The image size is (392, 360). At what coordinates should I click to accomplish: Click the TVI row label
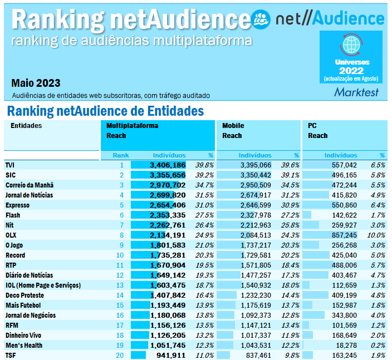tap(10, 165)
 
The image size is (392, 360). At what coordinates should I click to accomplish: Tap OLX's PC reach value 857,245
tap(341, 235)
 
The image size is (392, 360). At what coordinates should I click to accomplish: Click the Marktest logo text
tap(356, 92)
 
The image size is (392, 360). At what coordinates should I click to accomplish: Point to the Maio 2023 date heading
tap(36, 83)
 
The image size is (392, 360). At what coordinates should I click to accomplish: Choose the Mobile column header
tap(233, 126)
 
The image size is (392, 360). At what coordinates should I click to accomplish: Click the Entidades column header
tap(26, 126)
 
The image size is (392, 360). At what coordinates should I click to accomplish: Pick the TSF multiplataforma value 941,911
tap(170, 355)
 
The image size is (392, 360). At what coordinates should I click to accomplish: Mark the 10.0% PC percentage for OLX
tap(376, 235)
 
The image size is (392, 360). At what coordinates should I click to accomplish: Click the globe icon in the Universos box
tap(351, 44)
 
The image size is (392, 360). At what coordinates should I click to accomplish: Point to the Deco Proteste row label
tap(24, 295)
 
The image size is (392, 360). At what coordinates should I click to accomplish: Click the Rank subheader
tap(120, 155)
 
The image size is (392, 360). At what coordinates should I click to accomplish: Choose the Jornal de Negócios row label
tap(30, 315)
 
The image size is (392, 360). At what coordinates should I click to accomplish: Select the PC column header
tap(312, 126)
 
